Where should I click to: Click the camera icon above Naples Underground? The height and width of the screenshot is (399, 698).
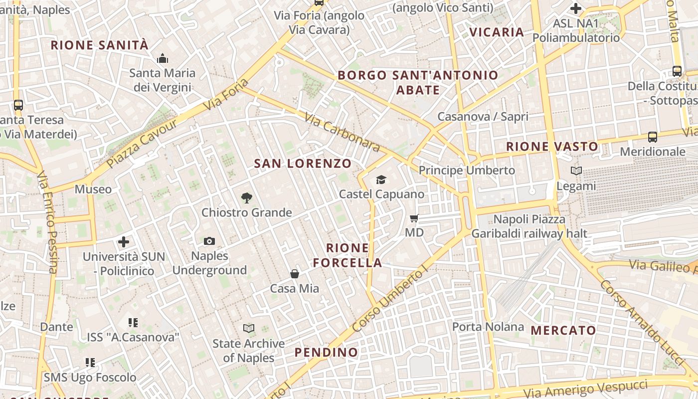coord(209,241)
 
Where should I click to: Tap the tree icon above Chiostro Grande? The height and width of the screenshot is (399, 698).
coord(246,198)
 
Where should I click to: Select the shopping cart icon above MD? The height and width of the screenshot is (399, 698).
coord(414,218)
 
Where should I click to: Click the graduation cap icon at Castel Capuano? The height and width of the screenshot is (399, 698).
coord(381,180)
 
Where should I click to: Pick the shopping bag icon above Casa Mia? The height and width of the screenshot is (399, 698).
coord(295,273)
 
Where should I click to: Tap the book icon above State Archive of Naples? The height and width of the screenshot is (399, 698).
coord(249,328)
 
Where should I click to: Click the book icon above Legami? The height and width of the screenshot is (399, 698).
coord(576,171)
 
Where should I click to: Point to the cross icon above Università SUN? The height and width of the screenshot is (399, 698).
coord(124,242)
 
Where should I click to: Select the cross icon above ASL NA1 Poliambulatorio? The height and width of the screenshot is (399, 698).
coord(576,8)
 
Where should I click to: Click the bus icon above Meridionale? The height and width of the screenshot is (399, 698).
coord(652,137)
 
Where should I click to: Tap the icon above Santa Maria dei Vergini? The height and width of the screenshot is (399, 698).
coord(163,58)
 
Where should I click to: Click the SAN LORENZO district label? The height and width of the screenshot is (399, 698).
coord(303,163)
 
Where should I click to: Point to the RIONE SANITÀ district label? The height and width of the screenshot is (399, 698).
coord(100,45)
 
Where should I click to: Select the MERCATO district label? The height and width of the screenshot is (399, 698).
coord(563,330)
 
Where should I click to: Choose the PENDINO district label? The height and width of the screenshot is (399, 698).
coord(326,352)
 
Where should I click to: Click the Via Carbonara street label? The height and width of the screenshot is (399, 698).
coord(342,133)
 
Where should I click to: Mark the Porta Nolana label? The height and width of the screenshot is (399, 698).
coord(488,327)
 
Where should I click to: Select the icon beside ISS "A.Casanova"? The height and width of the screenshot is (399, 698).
coord(133,323)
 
